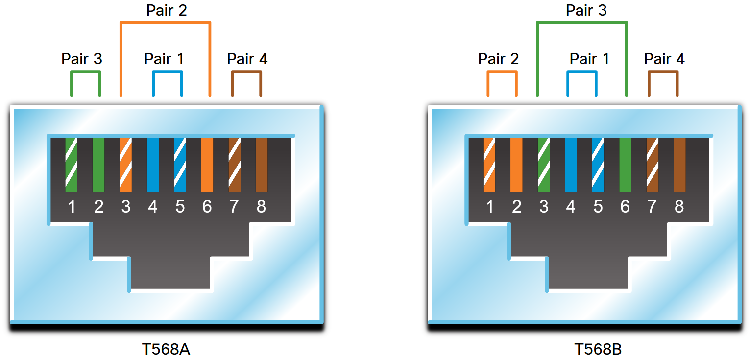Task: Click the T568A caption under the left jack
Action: point(166,349)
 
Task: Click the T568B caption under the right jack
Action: point(598,349)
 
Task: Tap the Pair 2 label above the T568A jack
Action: point(167,10)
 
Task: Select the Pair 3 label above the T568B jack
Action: point(586,10)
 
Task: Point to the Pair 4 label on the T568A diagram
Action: point(247,59)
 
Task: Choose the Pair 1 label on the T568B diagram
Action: point(589,59)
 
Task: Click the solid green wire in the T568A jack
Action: point(98,165)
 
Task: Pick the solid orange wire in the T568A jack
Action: point(207,165)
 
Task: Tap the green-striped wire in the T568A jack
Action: point(72,165)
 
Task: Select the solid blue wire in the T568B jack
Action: point(571,165)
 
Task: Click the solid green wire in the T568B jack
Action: point(625,165)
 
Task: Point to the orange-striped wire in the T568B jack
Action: point(489,165)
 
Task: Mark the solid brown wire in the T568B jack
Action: point(679,165)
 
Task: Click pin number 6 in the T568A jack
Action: point(207,207)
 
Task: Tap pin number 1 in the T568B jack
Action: point(489,207)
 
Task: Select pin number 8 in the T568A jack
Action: point(261,207)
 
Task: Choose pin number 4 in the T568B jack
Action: point(571,207)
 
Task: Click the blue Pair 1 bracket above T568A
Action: point(167,72)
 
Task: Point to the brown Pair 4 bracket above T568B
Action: point(663,72)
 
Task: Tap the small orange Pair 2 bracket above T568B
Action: point(502,72)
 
